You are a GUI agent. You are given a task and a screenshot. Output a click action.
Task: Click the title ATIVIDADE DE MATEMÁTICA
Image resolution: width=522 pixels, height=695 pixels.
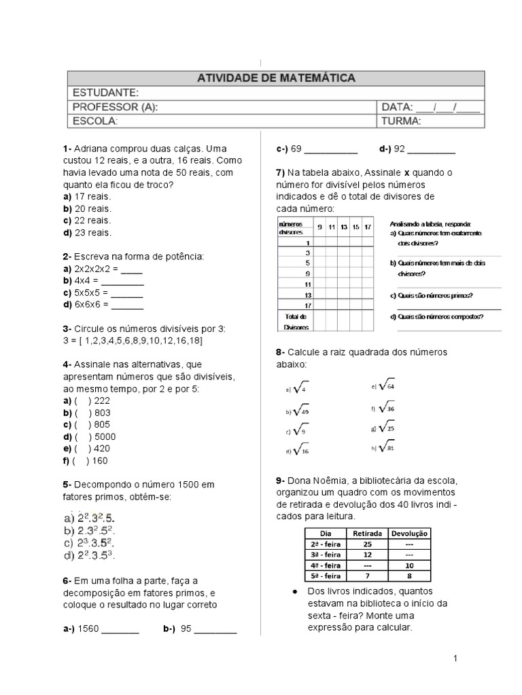[275, 78]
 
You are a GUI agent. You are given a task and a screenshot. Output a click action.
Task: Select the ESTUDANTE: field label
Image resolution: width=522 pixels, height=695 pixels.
[106, 92]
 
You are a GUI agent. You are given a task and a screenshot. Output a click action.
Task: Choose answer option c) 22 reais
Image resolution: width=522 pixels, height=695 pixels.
[86, 221]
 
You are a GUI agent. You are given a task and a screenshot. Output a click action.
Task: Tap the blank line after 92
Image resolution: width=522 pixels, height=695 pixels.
[432, 149]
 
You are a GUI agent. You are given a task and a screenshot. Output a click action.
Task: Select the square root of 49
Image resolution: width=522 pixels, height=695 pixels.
[301, 410]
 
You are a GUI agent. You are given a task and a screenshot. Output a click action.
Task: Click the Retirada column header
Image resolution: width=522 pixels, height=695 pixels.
[368, 533]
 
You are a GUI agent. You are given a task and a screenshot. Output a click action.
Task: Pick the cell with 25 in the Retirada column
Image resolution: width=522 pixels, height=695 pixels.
[368, 544]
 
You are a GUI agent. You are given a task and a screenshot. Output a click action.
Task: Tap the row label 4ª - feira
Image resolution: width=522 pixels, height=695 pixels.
[325, 565]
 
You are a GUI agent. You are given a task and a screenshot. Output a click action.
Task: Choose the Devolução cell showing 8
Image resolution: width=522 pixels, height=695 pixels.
[409, 576]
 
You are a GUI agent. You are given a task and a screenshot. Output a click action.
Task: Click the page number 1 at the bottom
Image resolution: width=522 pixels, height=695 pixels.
[455, 659]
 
